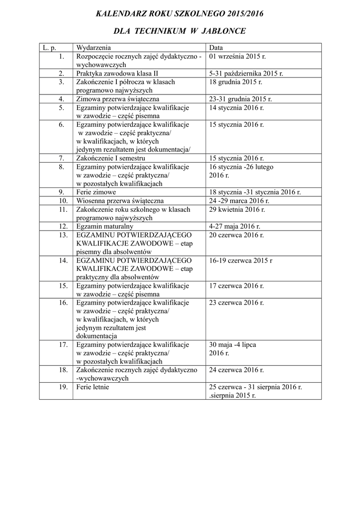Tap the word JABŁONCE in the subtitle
223,31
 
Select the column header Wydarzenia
93,48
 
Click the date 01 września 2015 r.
236,57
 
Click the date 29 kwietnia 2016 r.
236,209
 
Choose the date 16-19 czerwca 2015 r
241,260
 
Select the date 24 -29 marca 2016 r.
239,201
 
